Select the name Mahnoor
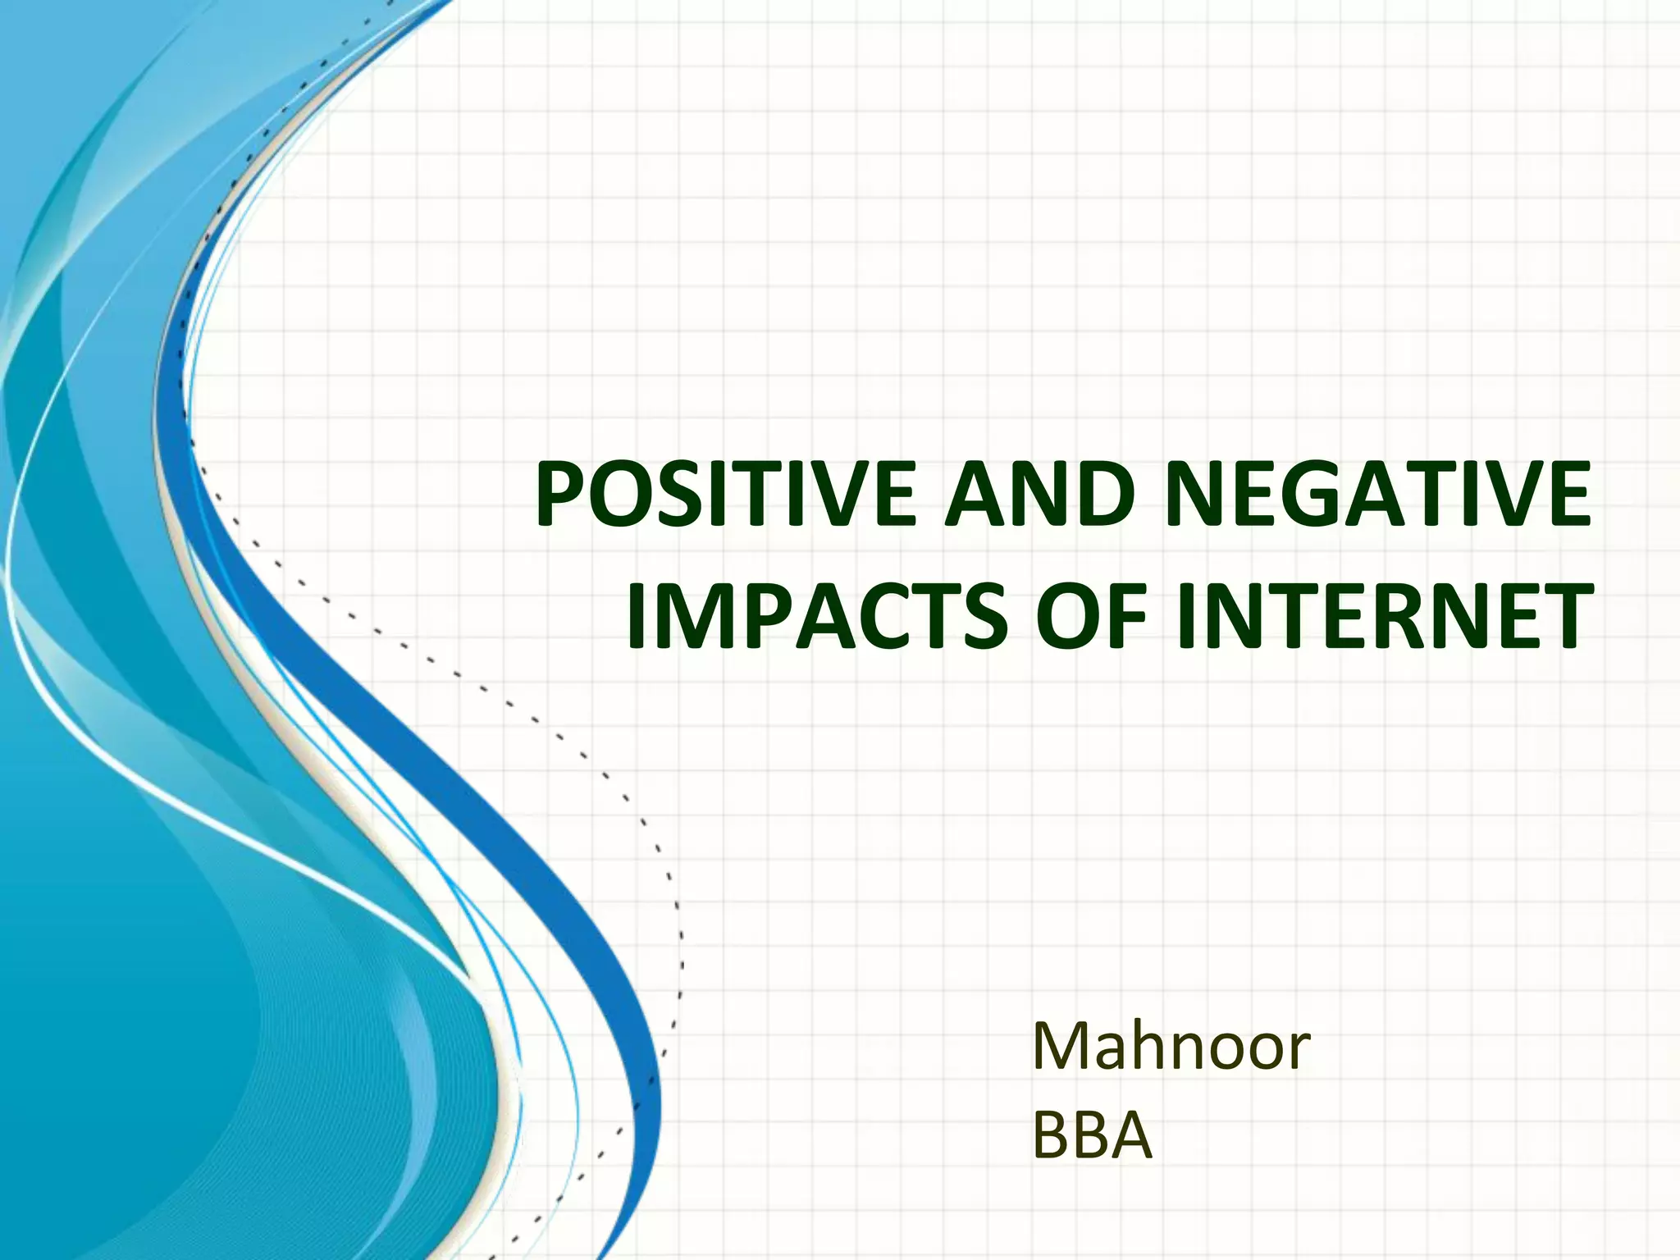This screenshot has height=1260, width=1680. [1171, 1047]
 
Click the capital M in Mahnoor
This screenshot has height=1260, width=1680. [1060, 1047]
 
